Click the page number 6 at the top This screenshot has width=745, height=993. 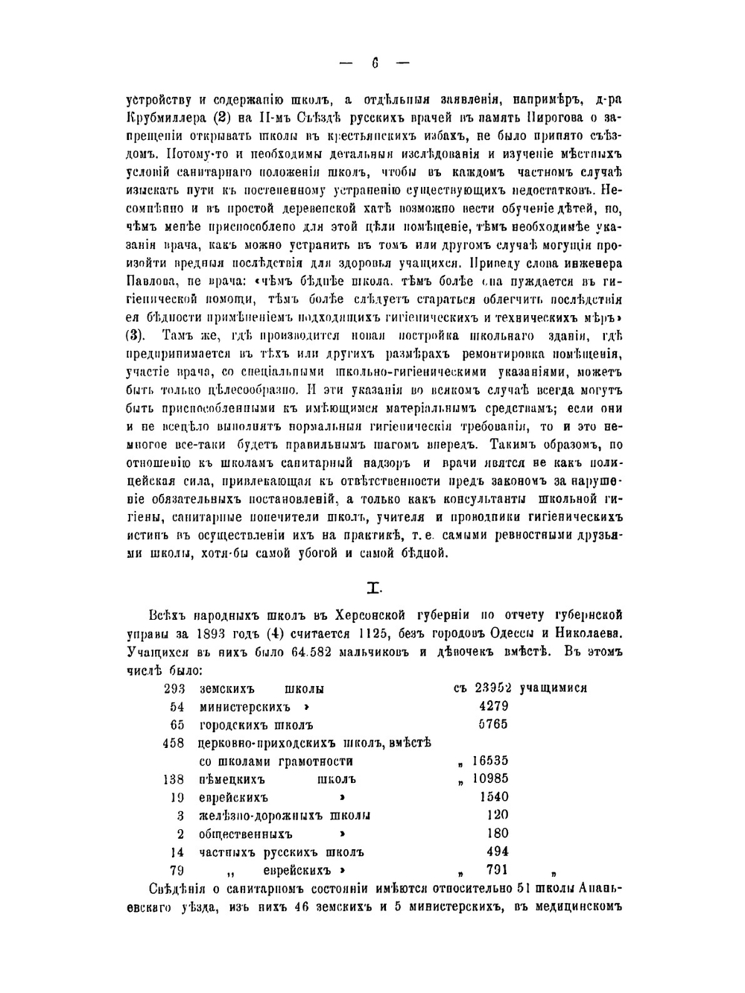[375, 64]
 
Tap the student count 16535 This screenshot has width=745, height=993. [490, 761]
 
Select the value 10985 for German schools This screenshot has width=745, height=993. [490, 779]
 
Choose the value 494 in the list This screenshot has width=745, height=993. [497, 851]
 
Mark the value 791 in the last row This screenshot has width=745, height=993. [497, 869]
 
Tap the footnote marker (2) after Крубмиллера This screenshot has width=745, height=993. [225, 117]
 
